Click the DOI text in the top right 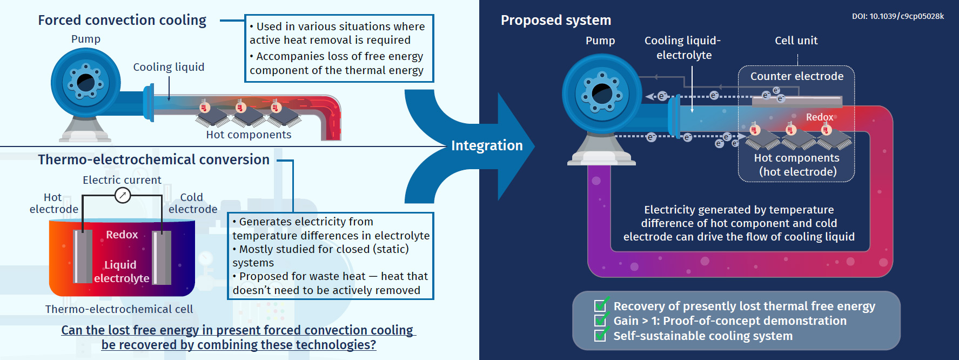click(x=898, y=16)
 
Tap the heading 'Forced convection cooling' click(x=122, y=21)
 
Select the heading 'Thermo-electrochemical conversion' click(x=153, y=160)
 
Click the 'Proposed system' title click(x=556, y=21)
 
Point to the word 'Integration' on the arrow click(x=487, y=145)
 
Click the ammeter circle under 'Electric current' click(x=123, y=195)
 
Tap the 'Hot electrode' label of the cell click(x=53, y=203)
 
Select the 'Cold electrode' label click(x=192, y=203)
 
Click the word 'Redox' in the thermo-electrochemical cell click(x=122, y=235)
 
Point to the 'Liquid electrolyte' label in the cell click(x=121, y=271)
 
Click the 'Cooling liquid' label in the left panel click(x=169, y=67)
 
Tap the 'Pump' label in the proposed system click(x=600, y=41)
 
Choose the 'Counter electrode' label click(x=796, y=76)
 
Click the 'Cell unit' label click(x=796, y=41)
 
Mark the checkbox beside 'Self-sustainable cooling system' click(x=600, y=336)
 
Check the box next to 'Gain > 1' click(x=600, y=321)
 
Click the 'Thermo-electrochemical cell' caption click(x=119, y=309)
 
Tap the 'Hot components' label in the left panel click(x=249, y=135)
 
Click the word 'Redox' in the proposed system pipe click(x=819, y=117)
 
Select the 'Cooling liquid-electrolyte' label click(x=683, y=48)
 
